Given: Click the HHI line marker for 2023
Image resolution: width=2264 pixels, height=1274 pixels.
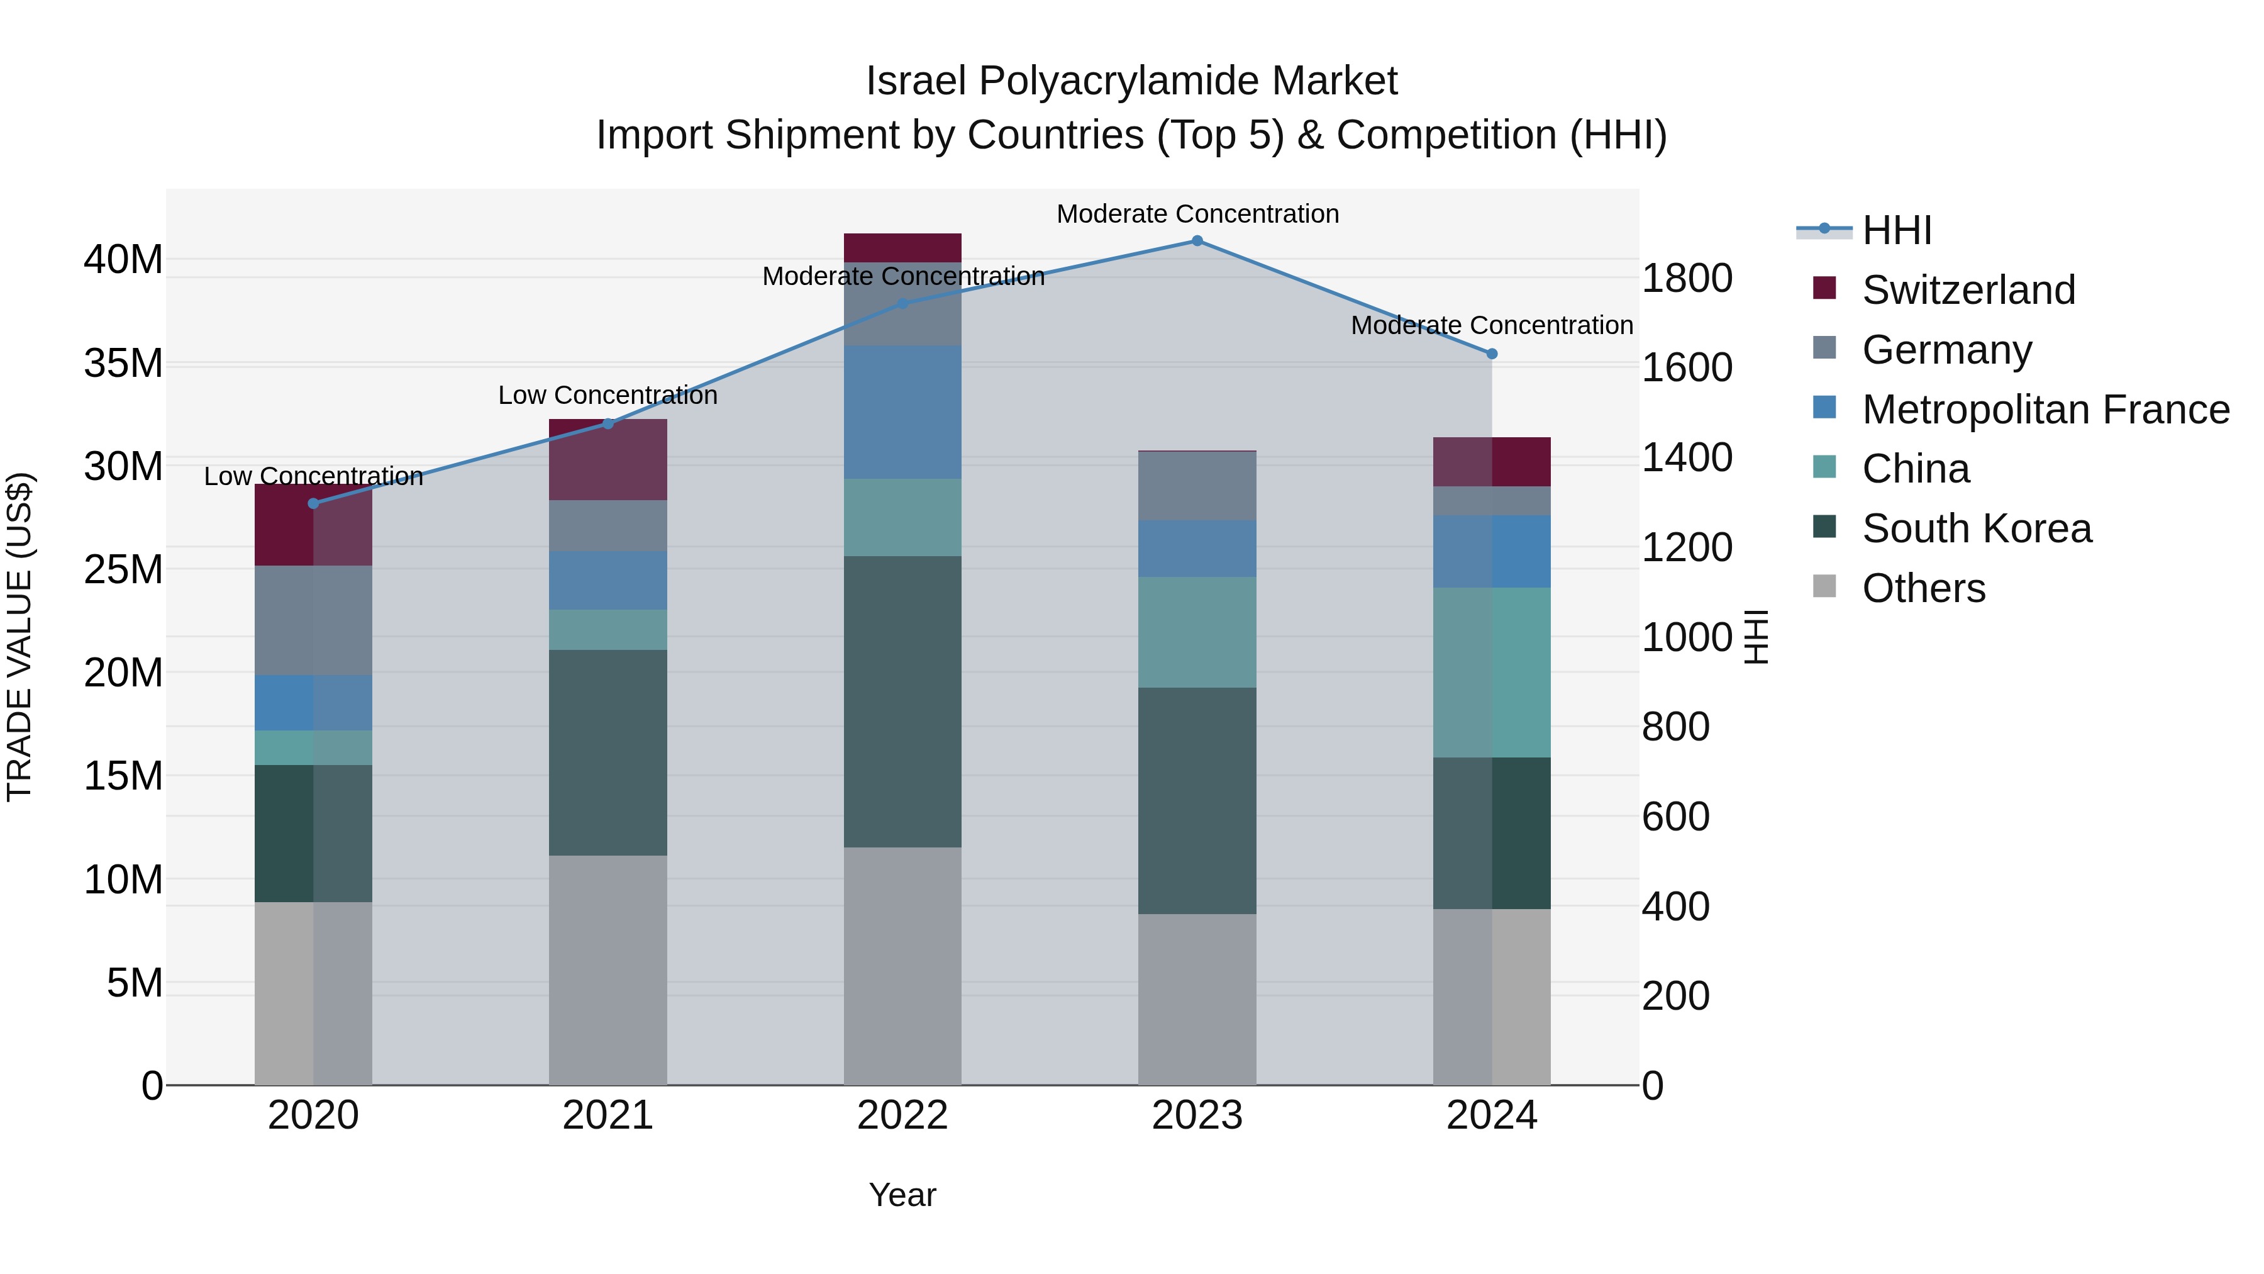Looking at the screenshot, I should (x=1197, y=240).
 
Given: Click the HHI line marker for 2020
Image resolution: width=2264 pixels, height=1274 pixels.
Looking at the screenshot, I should (x=314, y=503).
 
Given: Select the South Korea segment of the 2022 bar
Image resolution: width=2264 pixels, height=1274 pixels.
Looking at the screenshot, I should (x=902, y=701).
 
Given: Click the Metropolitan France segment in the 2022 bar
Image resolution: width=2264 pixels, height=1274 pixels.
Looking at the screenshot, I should (x=902, y=411).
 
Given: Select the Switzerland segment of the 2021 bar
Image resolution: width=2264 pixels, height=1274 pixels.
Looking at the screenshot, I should (x=608, y=459).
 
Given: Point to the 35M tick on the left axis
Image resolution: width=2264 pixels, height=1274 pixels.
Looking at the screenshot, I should (x=124, y=363).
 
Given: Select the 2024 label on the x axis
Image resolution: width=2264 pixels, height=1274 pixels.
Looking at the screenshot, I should (x=1492, y=1115).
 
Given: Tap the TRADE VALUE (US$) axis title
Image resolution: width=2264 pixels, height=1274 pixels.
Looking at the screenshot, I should (x=20, y=637).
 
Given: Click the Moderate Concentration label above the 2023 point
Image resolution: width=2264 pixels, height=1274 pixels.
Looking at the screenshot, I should (x=1197, y=214).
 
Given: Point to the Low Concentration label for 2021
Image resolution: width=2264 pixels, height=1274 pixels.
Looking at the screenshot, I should (x=608, y=396).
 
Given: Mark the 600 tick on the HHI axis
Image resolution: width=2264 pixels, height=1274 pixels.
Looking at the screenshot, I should (x=1675, y=816).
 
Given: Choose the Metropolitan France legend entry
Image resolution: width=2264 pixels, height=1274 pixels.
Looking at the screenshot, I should (x=2045, y=410).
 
